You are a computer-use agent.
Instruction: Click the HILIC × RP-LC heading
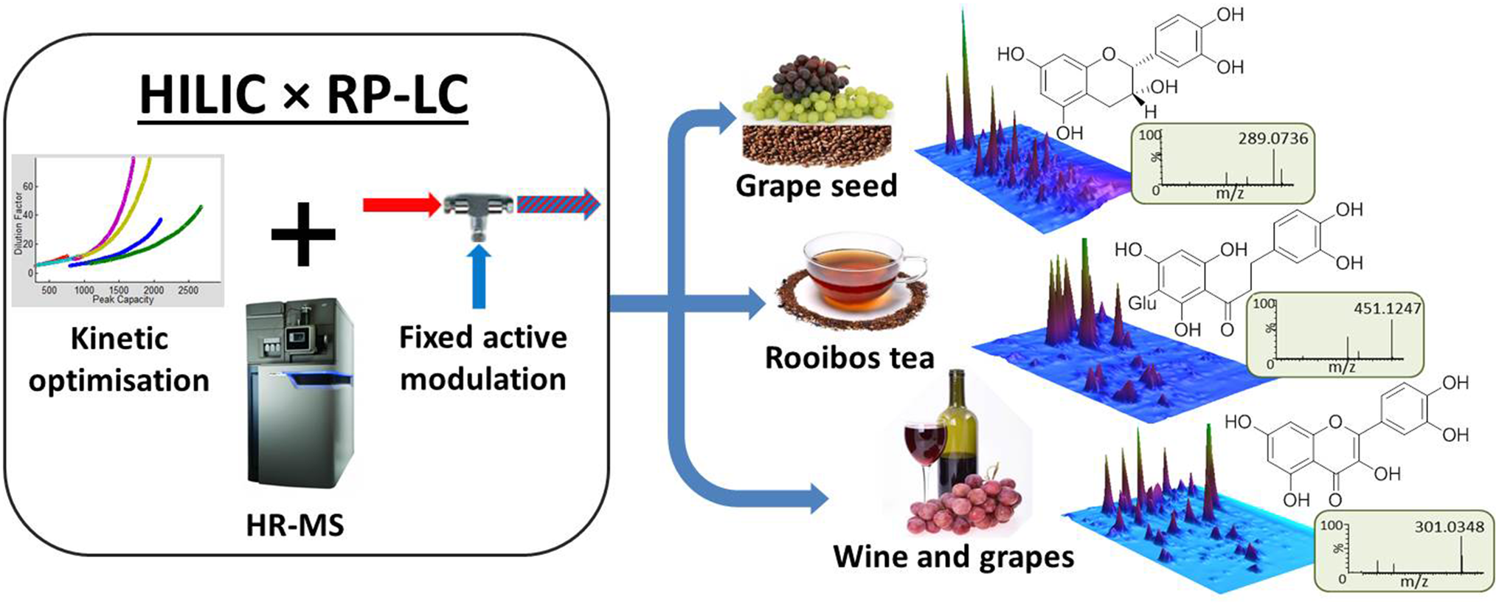click(304, 94)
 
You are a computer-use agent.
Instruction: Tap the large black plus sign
click(303, 235)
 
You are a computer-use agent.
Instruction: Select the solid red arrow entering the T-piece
click(400, 204)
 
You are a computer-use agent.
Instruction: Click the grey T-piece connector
click(478, 208)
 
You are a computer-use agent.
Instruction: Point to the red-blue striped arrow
click(558, 204)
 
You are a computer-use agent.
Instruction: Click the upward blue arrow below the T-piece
click(479, 277)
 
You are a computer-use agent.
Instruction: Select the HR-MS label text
click(295, 525)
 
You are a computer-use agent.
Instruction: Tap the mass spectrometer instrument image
click(299, 391)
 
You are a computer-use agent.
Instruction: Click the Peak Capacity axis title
click(122, 300)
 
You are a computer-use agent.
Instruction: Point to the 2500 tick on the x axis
click(188, 290)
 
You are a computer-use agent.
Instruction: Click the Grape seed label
click(816, 185)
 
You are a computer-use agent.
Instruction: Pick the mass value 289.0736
click(1273, 138)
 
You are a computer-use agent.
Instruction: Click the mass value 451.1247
click(1387, 308)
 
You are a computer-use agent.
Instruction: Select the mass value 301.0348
click(1449, 527)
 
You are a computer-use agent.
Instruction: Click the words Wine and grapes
click(953, 556)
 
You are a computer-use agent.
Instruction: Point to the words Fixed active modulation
click(483, 358)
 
